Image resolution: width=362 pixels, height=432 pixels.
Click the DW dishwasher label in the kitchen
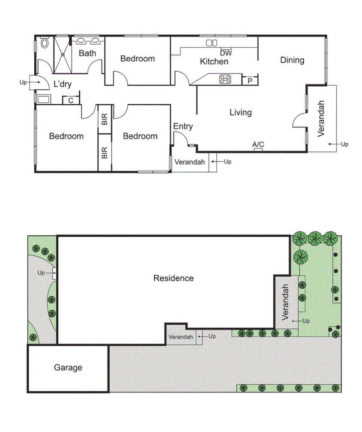[226, 53]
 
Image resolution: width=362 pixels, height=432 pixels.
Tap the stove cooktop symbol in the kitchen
[225, 79]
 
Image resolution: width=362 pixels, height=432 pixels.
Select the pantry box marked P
[250, 80]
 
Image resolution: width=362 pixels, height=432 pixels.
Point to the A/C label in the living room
[258, 145]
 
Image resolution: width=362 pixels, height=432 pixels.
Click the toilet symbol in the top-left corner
[44, 43]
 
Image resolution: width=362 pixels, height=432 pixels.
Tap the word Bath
[87, 53]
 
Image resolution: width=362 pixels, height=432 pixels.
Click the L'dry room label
[62, 84]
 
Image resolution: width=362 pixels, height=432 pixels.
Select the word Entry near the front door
[183, 127]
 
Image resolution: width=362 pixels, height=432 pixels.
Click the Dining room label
[292, 60]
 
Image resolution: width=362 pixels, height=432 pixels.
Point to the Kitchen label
[214, 61]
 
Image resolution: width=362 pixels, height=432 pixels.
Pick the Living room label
[240, 112]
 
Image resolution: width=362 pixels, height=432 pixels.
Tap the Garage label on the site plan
[68, 368]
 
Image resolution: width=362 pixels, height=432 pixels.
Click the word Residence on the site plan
[174, 278]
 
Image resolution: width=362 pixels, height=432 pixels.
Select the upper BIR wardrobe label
[105, 119]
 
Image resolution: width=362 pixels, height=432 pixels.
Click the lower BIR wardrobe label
[105, 153]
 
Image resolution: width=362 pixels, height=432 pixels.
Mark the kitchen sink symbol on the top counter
[211, 43]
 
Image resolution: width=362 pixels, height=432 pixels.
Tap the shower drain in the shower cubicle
[63, 54]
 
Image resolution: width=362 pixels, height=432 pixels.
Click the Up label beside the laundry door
[23, 82]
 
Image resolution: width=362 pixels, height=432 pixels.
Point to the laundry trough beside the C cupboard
[44, 100]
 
